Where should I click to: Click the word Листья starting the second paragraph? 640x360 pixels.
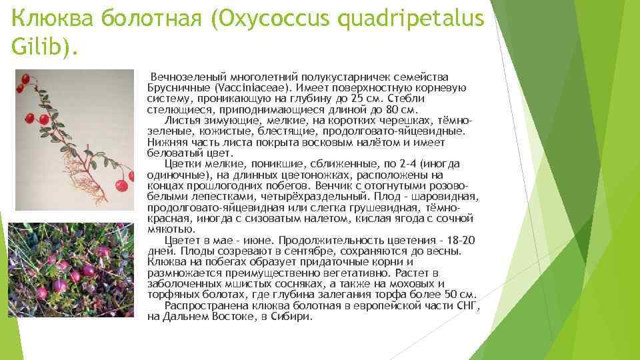pyautogui.click(x=181, y=121)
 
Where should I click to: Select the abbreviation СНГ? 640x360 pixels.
pyautogui.click(x=465, y=305)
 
